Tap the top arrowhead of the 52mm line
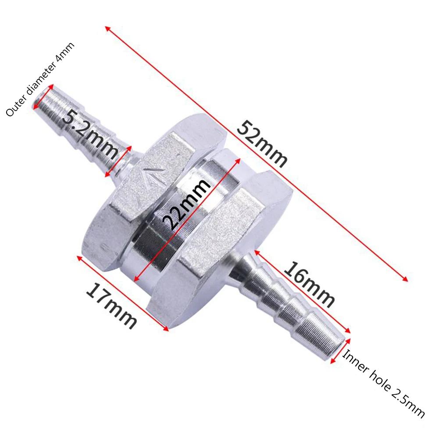(107, 29)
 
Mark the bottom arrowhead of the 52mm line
(406, 279)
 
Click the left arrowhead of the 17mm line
(79, 257)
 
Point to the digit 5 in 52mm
(243, 128)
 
